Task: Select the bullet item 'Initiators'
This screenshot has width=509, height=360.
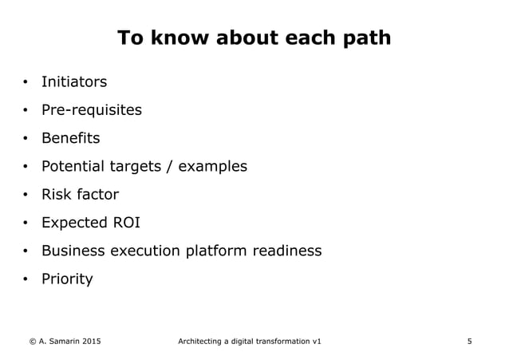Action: point(73,82)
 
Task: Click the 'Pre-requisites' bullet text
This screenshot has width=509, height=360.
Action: point(91,110)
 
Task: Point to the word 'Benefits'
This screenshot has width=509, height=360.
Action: point(70,138)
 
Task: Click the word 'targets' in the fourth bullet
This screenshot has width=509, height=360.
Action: point(143,167)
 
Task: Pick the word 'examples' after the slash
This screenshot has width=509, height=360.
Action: point(213,167)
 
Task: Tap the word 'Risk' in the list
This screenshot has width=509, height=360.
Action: point(57,195)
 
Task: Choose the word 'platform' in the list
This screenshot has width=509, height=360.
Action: point(216,251)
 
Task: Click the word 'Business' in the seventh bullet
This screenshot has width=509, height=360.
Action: point(74,251)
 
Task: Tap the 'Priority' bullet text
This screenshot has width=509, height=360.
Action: point(67,279)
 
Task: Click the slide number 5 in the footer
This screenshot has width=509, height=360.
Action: point(469,342)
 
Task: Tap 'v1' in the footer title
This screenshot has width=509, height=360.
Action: point(317,342)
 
